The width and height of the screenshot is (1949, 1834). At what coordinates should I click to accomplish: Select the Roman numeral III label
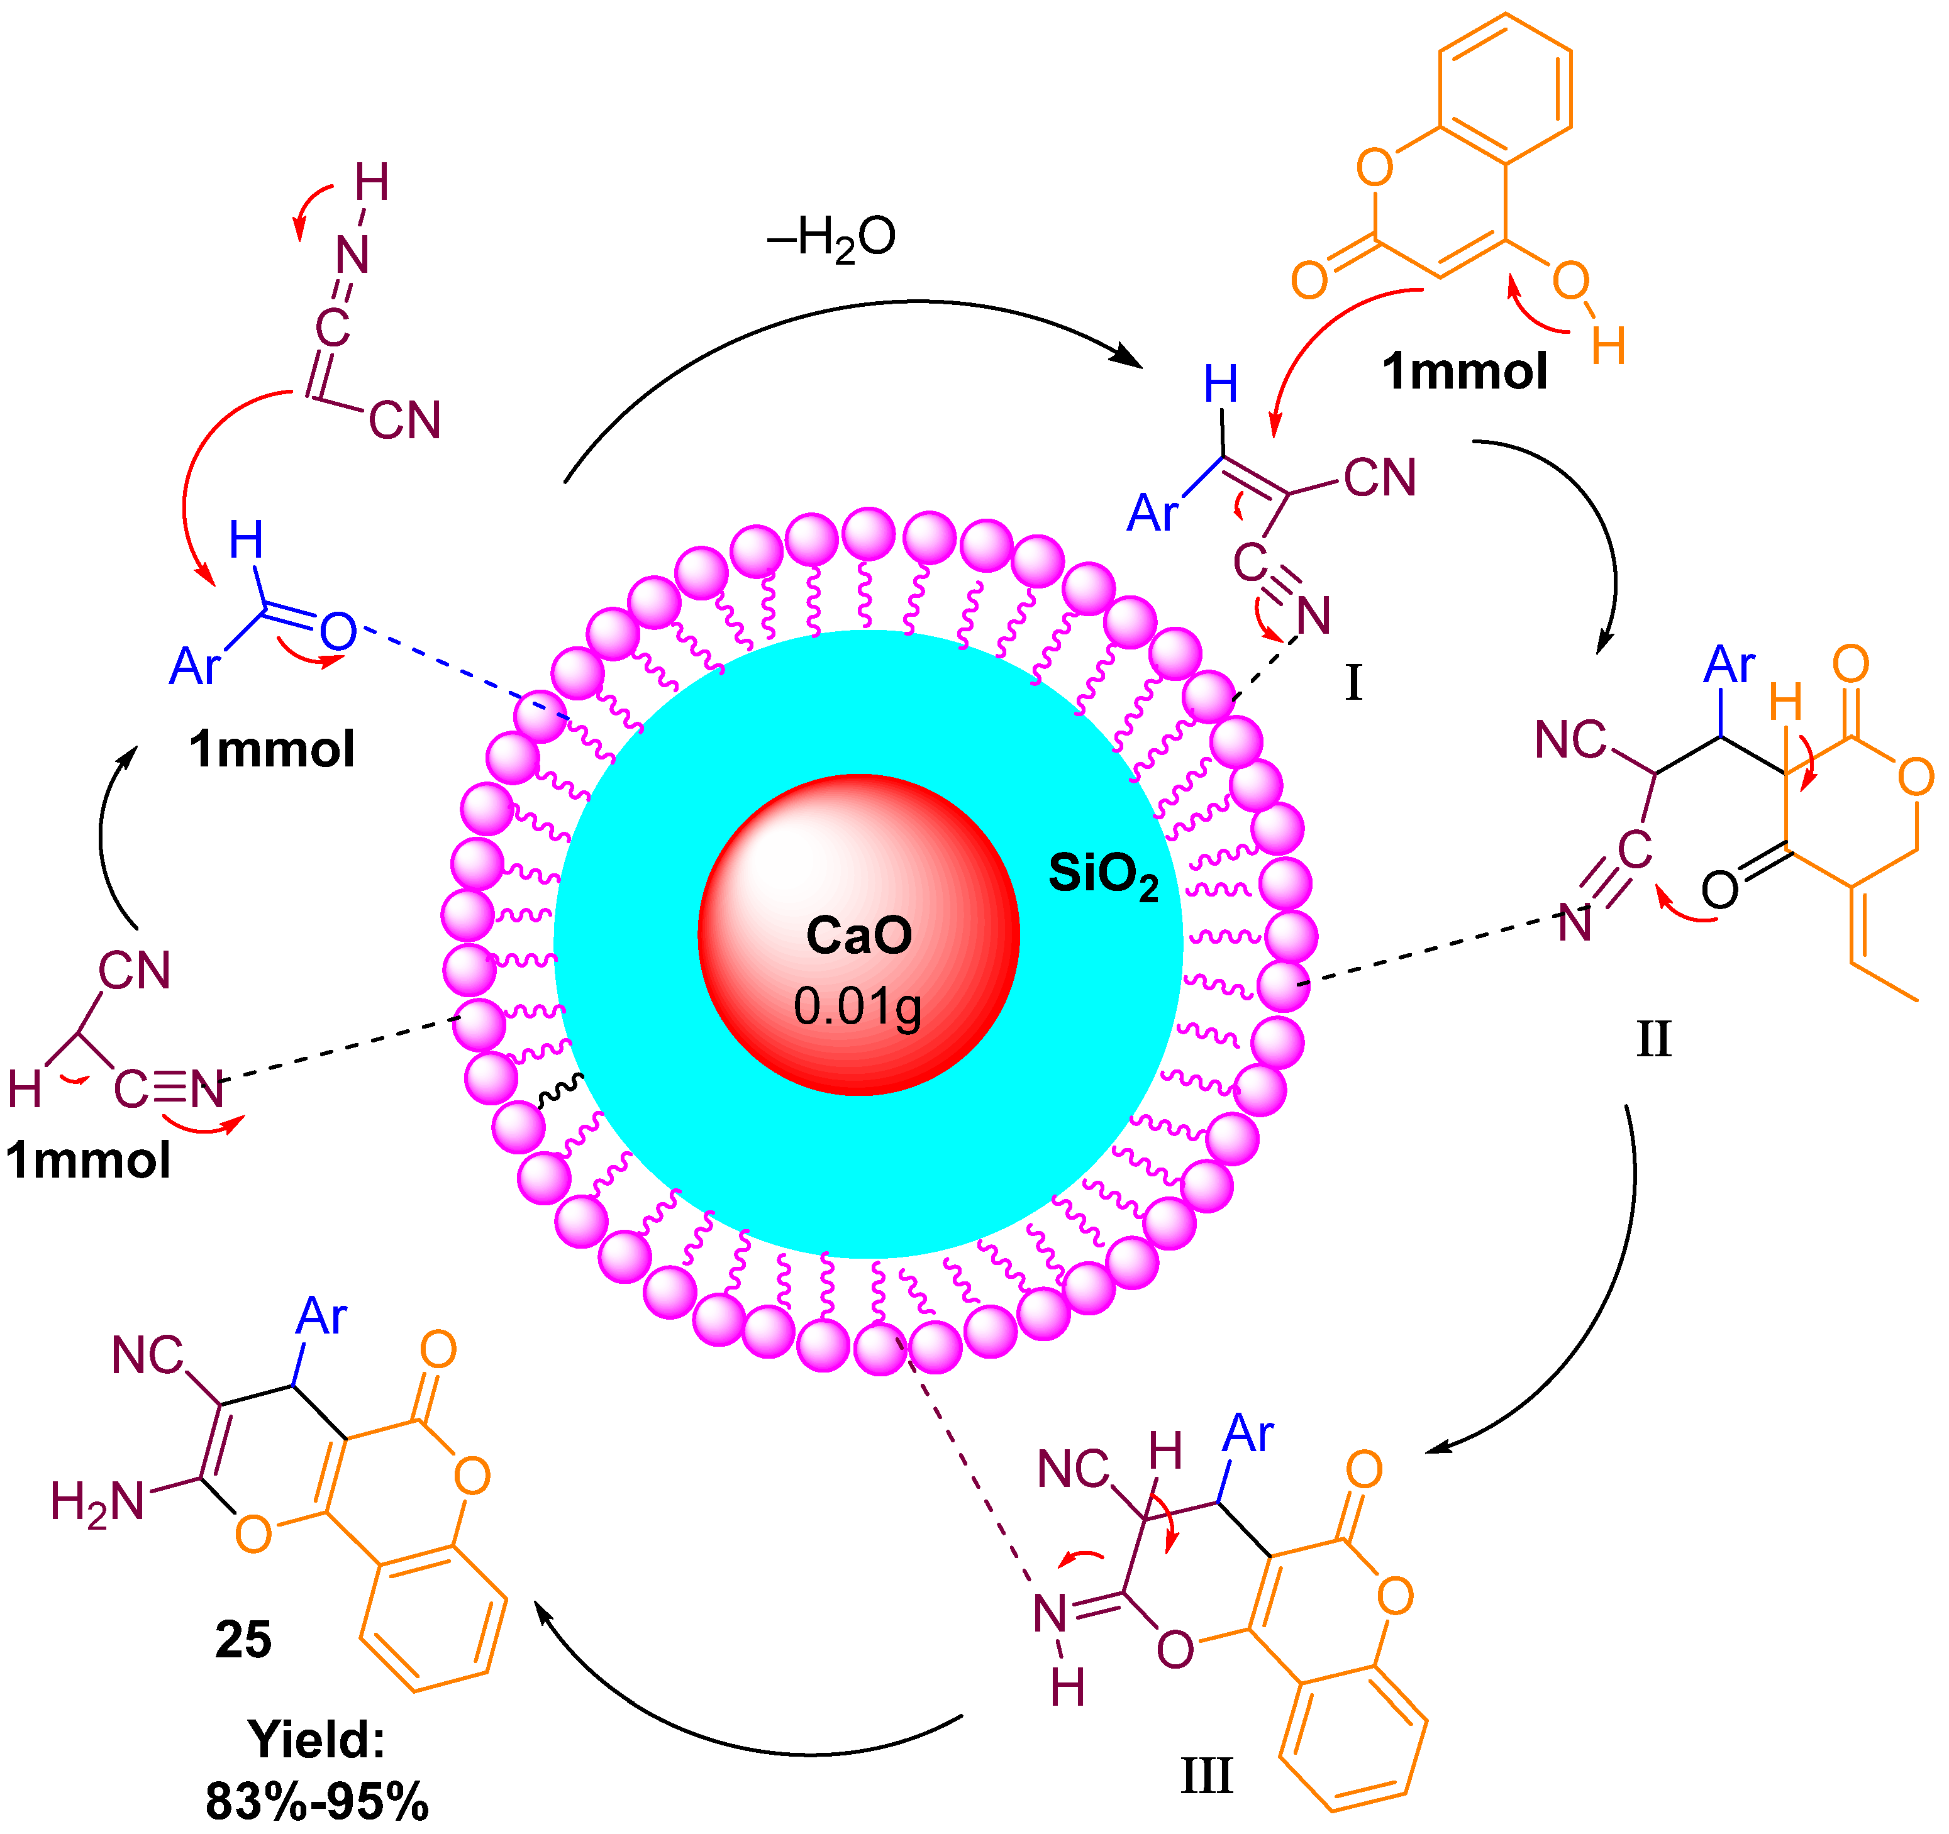click(x=1206, y=1776)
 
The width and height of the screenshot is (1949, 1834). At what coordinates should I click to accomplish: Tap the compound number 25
click(x=243, y=1639)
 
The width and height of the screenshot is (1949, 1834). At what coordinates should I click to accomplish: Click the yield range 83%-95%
click(x=317, y=1799)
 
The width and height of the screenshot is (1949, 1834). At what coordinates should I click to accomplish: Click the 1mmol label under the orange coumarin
click(x=1465, y=372)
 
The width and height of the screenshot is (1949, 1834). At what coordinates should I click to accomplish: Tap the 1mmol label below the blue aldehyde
click(x=272, y=749)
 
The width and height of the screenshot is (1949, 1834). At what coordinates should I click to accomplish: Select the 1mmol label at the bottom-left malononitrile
click(x=88, y=1159)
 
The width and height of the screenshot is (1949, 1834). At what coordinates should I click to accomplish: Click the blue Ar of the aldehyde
click(x=195, y=666)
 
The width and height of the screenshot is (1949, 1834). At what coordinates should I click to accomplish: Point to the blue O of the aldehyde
click(x=338, y=633)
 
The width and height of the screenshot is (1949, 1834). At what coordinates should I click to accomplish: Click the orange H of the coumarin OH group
click(x=1609, y=345)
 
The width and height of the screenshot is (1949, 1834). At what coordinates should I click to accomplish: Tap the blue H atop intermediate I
click(x=1221, y=384)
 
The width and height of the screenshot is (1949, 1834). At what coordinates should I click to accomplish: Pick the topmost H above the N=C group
click(x=372, y=182)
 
